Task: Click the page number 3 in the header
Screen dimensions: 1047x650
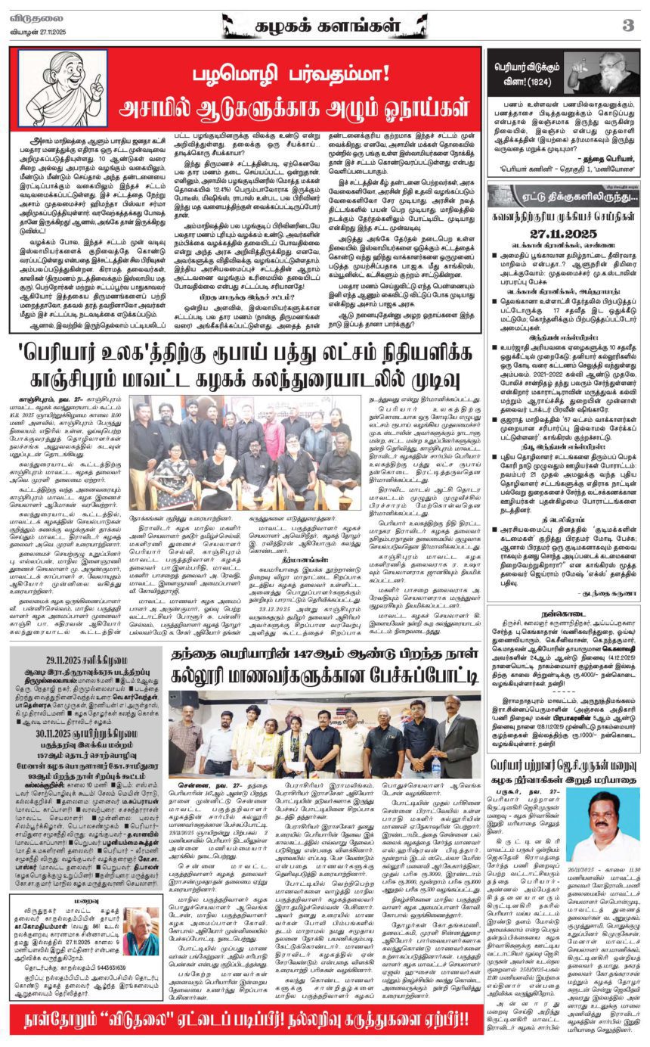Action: (627, 25)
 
